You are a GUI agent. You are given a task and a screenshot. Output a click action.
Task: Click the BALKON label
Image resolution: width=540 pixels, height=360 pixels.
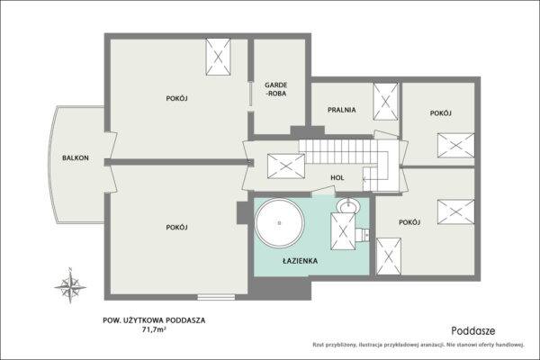click(76, 158)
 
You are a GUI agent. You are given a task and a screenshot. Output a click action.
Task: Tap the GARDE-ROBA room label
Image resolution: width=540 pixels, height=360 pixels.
click(276, 89)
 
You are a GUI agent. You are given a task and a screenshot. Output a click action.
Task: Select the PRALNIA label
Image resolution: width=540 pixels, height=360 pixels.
click(342, 110)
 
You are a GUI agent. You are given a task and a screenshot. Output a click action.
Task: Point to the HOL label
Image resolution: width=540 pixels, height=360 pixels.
click(337, 178)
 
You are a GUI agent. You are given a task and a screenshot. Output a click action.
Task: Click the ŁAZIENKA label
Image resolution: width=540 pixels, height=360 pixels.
click(300, 261)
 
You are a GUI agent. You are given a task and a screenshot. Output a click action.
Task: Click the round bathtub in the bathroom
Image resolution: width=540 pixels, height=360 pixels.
click(279, 222)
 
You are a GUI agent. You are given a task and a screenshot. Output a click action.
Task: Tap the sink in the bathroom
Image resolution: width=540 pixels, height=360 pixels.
click(348, 206)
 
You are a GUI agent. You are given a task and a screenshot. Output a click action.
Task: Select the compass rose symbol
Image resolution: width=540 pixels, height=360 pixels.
click(70, 286)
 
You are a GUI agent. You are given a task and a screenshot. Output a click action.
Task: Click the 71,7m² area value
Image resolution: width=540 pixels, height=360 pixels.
click(154, 329)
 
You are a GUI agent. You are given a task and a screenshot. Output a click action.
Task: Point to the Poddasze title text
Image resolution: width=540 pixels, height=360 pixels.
click(473, 331)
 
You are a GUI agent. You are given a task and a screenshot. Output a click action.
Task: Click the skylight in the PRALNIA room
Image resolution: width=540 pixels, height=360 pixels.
click(385, 102)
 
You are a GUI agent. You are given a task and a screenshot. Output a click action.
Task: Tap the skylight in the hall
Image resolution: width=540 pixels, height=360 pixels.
click(286, 166)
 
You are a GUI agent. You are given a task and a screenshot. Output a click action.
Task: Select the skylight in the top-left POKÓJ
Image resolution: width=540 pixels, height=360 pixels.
click(218, 57)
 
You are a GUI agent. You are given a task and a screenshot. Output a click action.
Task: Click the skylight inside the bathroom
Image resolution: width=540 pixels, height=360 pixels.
click(343, 231)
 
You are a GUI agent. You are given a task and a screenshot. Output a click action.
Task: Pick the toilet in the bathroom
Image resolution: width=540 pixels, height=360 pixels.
click(362, 235)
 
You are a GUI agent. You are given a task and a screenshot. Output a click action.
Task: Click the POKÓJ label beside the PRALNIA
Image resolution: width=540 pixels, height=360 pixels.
click(440, 113)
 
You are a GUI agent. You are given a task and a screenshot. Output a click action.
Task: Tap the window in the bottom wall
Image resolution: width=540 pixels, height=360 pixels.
click(216, 297)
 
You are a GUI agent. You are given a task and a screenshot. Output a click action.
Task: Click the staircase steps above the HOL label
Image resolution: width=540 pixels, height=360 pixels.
click(337, 151)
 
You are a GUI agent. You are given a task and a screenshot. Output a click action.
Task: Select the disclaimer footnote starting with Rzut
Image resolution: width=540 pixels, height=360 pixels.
click(418, 345)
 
